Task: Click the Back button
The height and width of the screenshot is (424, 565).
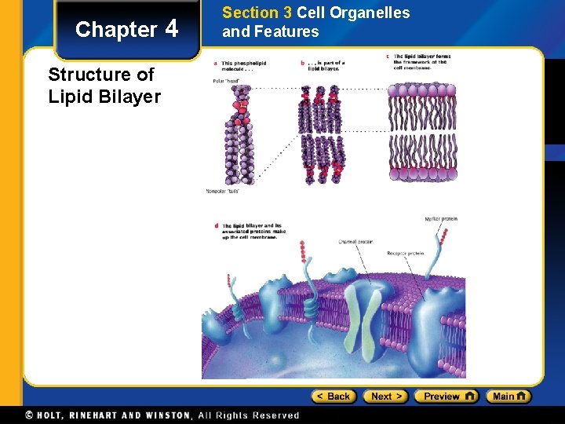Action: tap(334, 397)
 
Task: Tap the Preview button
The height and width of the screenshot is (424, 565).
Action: tap(446, 397)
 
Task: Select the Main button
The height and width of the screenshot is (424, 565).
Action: tap(508, 397)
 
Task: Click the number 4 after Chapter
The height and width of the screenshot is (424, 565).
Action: tap(172, 29)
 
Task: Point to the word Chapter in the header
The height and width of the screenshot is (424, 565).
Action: tap(116, 30)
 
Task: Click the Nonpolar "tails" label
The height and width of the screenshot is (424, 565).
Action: tap(221, 191)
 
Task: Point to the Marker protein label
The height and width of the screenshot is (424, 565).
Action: tap(440, 219)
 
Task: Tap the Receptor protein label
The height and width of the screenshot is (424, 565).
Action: tap(405, 254)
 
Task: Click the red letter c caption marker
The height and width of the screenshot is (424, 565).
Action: tap(388, 57)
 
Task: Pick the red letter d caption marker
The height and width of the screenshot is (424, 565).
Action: tap(216, 226)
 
